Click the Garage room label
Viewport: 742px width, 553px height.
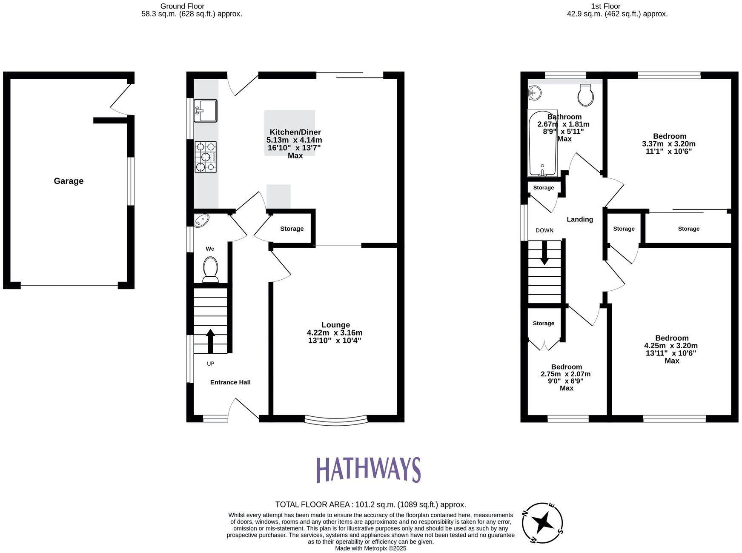(x=69, y=181)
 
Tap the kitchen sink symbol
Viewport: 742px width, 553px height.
(x=205, y=111)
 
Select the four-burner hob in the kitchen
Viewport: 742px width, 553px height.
(x=206, y=157)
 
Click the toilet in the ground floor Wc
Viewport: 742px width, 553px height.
(x=210, y=269)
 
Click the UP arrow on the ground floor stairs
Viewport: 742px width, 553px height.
(x=210, y=341)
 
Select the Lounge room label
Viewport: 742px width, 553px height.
(x=335, y=325)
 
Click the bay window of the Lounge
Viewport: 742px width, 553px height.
(x=336, y=421)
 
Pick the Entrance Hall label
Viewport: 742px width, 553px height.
(x=230, y=382)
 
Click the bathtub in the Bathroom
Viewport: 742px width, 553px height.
(x=542, y=143)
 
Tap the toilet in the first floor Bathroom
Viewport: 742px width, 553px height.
(x=586, y=95)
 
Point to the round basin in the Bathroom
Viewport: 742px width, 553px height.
(x=535, y=92)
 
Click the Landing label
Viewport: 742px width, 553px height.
(x=580, y=219)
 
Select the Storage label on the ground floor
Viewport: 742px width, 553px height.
(x=292, y=229)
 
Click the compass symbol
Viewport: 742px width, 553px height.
(x=542, y=523)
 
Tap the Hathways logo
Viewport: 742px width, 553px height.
(x=368, y=470)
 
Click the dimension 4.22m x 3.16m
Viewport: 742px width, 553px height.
(x=335, y=333)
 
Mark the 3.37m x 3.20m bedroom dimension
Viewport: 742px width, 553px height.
(x=669, y=144)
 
